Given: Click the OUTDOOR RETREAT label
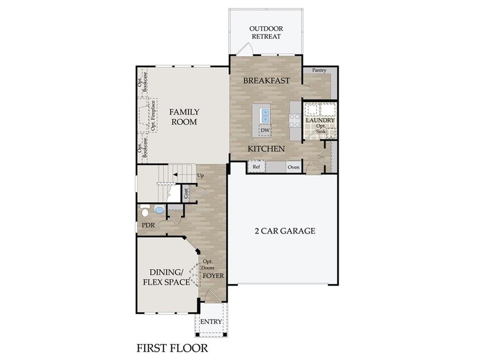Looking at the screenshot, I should coord(265,32).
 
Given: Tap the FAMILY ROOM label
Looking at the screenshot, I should coord(184,117).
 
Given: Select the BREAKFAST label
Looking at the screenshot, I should coord(267,80).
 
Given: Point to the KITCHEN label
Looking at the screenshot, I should coord(266,149).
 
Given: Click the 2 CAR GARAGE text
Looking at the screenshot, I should coord(285,231).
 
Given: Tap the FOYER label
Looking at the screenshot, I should coord(213,276).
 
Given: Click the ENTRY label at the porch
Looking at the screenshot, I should coord(211,322).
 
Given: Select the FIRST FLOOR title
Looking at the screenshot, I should coord(172,347).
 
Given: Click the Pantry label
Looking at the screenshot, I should coord(319,71).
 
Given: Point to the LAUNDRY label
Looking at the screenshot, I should coord(320,120).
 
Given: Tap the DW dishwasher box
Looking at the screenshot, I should coord(265,130).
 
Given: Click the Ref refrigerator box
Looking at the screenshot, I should coord(256,166).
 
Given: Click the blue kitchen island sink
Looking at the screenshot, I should coord(265,115).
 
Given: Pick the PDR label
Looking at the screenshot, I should coord(148,225).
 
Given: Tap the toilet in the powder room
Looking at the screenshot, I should coord(145,211).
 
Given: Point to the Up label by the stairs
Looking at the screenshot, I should coord(200,175).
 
